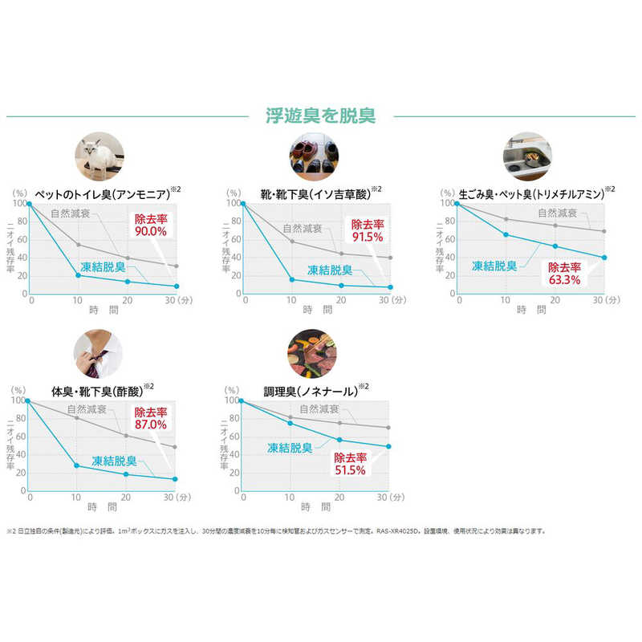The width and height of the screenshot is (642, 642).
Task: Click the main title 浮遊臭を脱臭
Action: (x=320, y=116)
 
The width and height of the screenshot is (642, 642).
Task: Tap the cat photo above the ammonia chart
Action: (x=100, y=156)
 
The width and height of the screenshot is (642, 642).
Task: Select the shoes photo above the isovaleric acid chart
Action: (x=313, y=156)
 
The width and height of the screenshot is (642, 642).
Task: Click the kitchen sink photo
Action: (x=526, y=156)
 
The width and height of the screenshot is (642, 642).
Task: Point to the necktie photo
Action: (x=100, y=352)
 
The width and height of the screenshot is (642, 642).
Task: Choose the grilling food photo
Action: (x=313, y=352)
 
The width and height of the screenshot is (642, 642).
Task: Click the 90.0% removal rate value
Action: (x=151, y=231)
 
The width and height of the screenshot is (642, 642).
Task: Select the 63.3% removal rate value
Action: (x=564, y=281)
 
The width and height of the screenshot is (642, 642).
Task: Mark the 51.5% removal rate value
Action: (x=351, y=469)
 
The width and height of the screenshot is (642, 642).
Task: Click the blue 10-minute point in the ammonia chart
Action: (x=78, y=275)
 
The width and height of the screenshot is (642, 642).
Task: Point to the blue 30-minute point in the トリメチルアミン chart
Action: (x=603, y=258)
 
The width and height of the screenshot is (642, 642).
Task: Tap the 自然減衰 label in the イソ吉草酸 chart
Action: (x=307, y=229)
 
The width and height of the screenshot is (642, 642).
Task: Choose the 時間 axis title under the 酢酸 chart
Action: (x=100, y=507)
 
